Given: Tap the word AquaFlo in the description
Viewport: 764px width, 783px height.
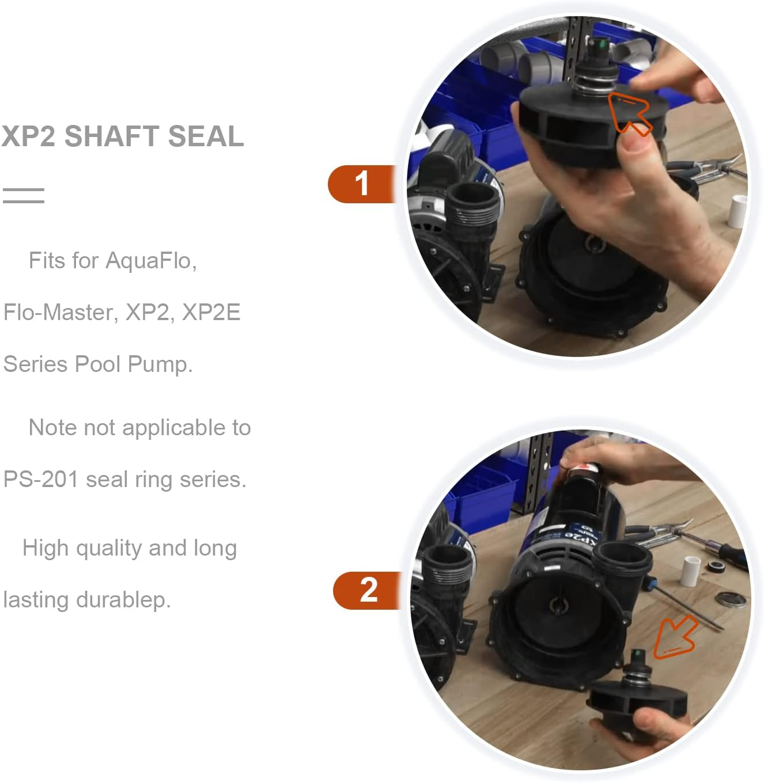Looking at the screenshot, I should (151, 261).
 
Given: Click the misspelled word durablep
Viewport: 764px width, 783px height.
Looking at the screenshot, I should (123, 600).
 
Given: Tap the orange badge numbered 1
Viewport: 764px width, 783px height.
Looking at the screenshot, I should (361, 184).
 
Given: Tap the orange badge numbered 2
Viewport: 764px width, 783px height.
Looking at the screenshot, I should (368, 590).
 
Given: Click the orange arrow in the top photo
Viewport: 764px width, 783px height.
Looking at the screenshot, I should (629, 112).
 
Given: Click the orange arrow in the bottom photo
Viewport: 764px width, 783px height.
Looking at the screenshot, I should (676, 638).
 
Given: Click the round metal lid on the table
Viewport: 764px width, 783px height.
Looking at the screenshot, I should (731, 599).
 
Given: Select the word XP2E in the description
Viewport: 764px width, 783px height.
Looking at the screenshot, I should (211, 313).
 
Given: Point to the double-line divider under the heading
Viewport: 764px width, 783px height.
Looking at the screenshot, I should (23, 196).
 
